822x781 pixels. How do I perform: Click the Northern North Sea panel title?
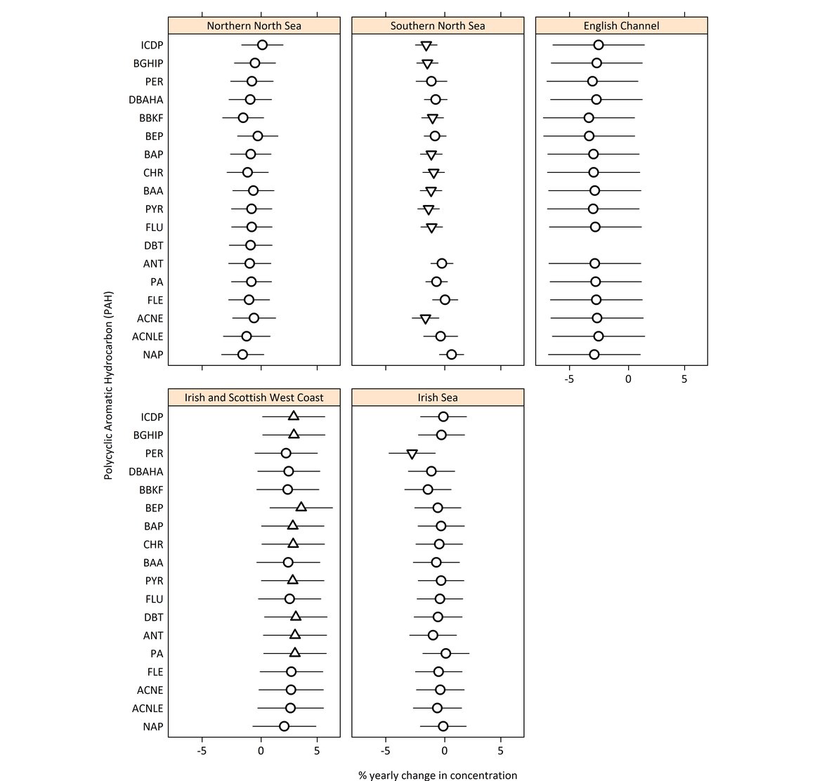[254, 26]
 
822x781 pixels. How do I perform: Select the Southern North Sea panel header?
[438, 26]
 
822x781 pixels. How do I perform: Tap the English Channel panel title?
[621, 26]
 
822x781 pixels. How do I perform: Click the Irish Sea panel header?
[438, 398]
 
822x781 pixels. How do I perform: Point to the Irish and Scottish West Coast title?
[254, 398]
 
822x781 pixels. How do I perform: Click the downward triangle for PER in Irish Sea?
[412, 454]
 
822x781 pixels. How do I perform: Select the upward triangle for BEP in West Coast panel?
[301, 507]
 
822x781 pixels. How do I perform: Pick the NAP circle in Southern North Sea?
[451, 355]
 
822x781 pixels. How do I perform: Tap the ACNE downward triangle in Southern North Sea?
[426, 320]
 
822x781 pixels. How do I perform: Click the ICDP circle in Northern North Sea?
[262, 45]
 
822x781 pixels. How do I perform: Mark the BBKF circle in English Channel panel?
[589, 118]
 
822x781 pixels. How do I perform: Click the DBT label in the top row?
[153, 246]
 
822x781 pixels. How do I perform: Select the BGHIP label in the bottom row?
[148, 435]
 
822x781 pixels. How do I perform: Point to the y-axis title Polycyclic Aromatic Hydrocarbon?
[108, 386]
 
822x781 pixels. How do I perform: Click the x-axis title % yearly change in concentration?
[438, 775]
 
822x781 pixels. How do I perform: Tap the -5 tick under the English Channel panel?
[569, 379]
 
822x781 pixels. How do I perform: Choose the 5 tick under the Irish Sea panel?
[501, 750]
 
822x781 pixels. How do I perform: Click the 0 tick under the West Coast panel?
[261, 750]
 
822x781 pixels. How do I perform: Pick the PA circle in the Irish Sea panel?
[445, 654]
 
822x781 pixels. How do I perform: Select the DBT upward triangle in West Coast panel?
[296, 617]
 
